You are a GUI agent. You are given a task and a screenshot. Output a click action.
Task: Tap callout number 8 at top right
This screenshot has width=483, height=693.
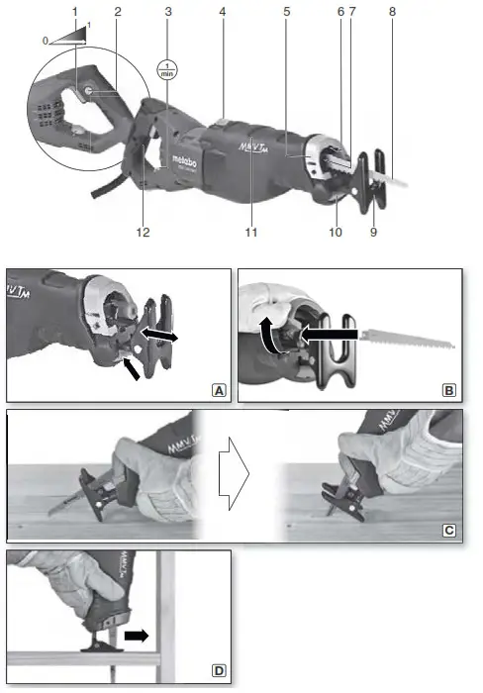(393, 12)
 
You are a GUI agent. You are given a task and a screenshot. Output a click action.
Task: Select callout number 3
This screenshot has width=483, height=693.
(168, 12)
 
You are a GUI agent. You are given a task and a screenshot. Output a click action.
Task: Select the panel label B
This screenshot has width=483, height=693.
(449, 391)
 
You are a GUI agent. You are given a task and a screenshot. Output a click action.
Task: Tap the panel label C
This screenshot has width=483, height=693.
(449, 531)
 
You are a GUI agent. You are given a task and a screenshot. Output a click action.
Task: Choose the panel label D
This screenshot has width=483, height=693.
(218, 671)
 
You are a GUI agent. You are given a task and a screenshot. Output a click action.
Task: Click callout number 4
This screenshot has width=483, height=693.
(225, 12)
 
